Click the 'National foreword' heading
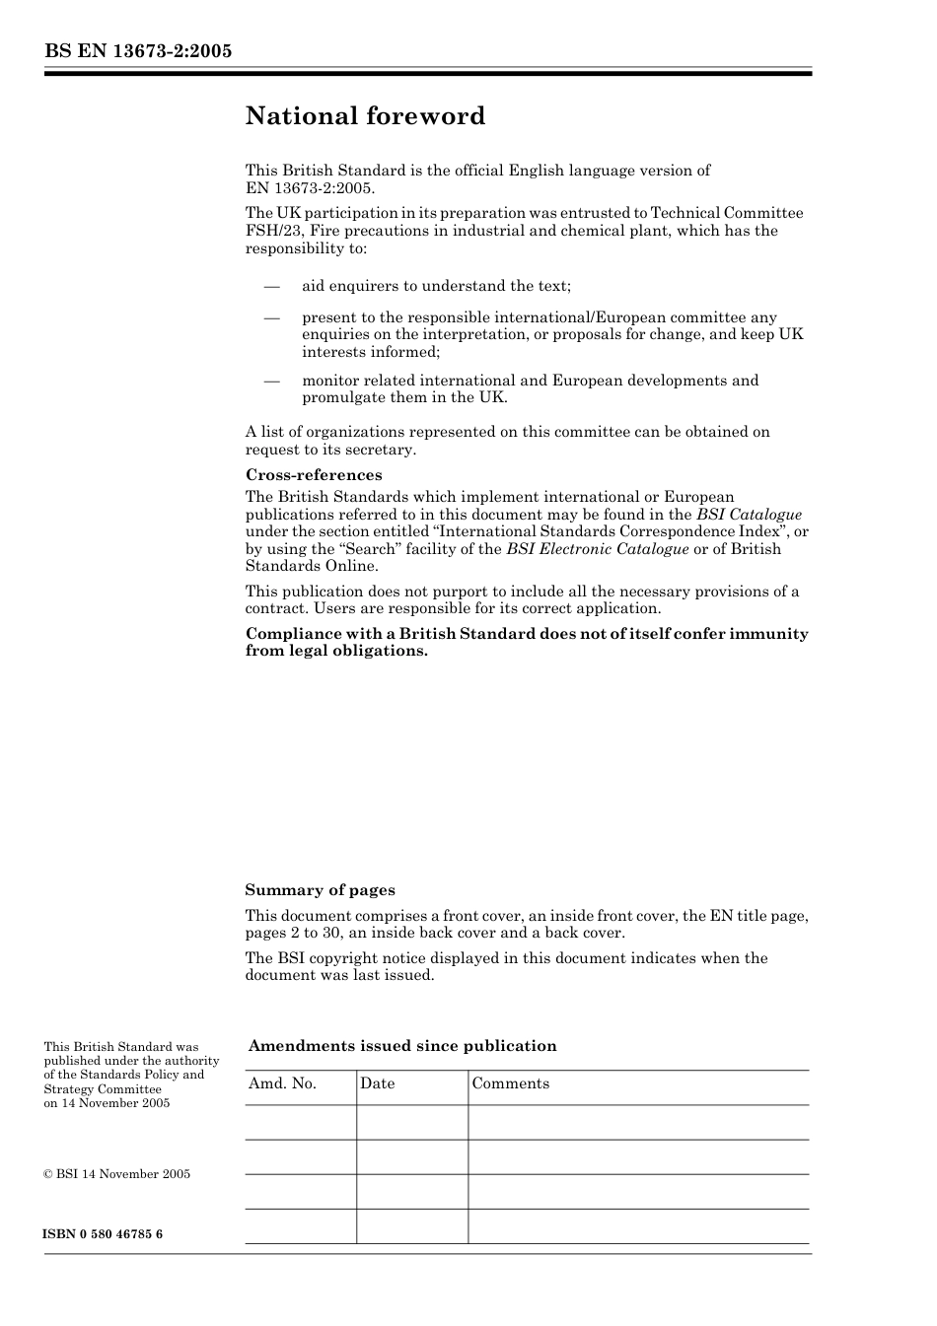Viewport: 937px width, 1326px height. tap(365, 116)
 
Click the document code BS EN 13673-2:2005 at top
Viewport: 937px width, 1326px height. tap(138, 51)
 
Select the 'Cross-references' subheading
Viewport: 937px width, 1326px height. tap(314, 475)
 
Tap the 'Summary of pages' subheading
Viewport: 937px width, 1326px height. tap(320, 890)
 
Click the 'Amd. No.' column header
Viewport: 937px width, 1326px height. tap(282, 1083)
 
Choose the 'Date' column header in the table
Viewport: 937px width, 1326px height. tap(377, 1083)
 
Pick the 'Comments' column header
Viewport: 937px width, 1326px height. tap(510, 1083)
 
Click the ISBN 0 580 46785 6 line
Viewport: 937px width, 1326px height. tap(104, 1234)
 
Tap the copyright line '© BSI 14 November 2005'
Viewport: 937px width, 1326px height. tap(116, 1174)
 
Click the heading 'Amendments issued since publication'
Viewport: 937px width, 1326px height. tap(402, 1046)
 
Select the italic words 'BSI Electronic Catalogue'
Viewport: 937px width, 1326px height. tap(598, 549)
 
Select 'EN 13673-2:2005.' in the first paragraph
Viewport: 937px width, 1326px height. tap(310, 187)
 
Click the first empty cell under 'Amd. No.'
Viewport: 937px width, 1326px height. tap(300, 1122)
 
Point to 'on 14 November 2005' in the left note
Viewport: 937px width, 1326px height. tap(107, 1103)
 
